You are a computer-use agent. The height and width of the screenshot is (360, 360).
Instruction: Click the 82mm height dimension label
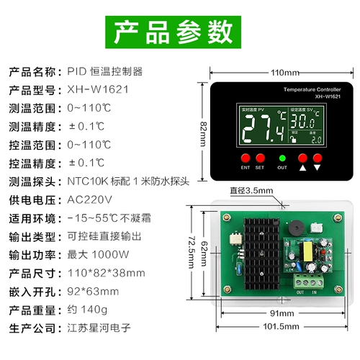coord(205,125)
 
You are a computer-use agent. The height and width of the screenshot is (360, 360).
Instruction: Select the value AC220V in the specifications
coord(90,199)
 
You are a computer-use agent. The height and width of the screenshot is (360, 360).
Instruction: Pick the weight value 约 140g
coord(86,310)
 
